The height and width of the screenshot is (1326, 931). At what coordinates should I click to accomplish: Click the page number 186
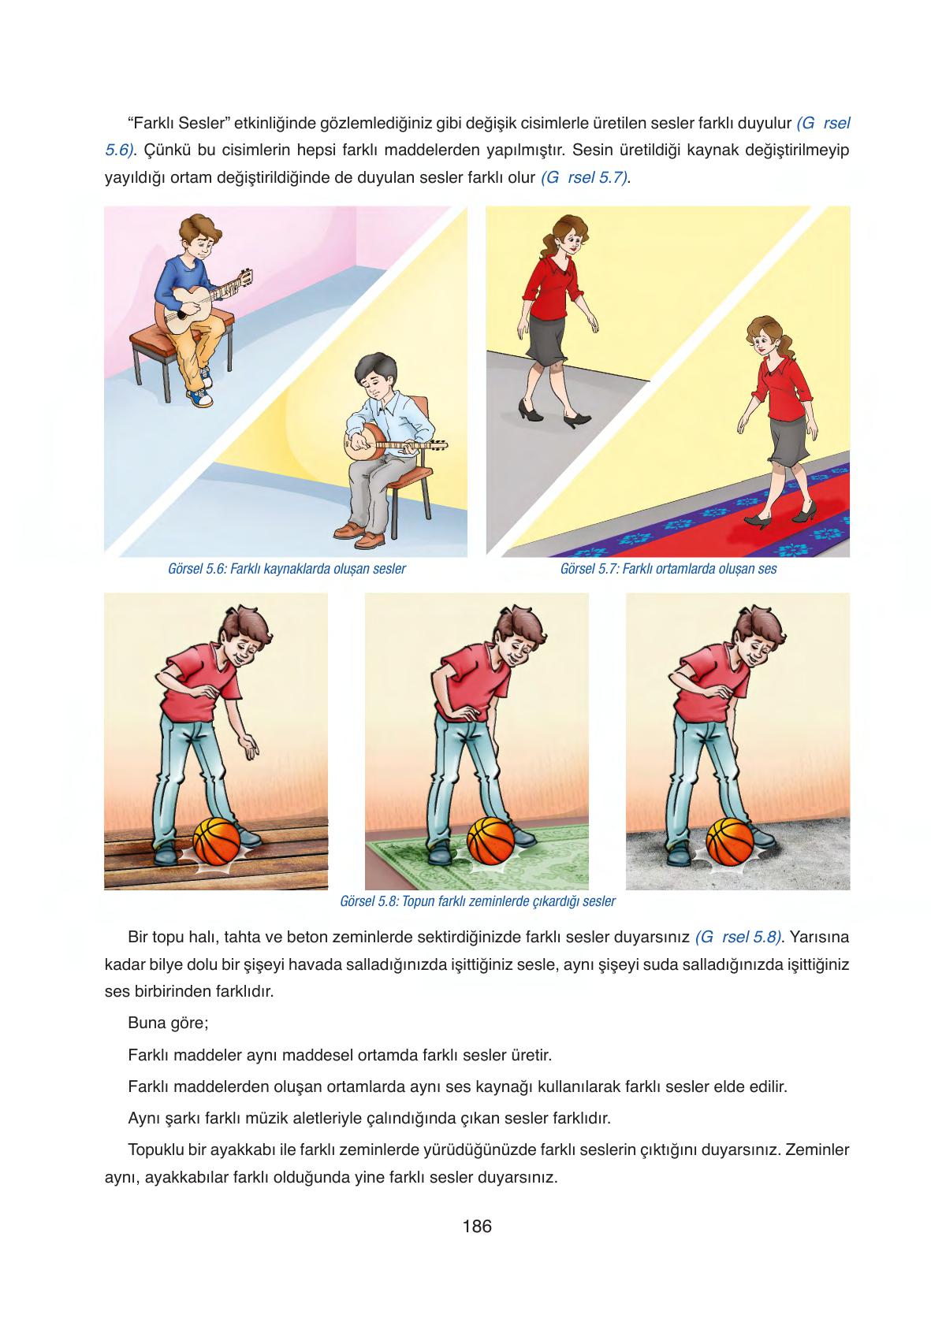477,1226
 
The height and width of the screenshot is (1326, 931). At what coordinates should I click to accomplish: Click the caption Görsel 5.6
287,569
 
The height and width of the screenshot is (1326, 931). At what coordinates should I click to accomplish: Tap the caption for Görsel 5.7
668,569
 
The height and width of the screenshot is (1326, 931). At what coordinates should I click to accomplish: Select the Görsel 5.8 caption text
478,901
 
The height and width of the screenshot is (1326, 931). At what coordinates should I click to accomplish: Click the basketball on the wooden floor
217,841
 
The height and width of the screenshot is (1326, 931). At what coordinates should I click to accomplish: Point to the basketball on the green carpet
491,841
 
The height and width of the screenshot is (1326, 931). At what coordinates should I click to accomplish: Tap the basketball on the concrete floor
730,841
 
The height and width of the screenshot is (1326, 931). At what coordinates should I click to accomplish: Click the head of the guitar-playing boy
200,236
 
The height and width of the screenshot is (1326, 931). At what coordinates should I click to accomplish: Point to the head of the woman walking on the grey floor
568,235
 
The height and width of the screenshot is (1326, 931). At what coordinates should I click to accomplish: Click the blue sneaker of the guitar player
199,396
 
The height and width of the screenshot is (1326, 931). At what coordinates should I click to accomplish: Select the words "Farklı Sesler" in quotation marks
178,123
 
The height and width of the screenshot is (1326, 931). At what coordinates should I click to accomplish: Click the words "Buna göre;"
168,1023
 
